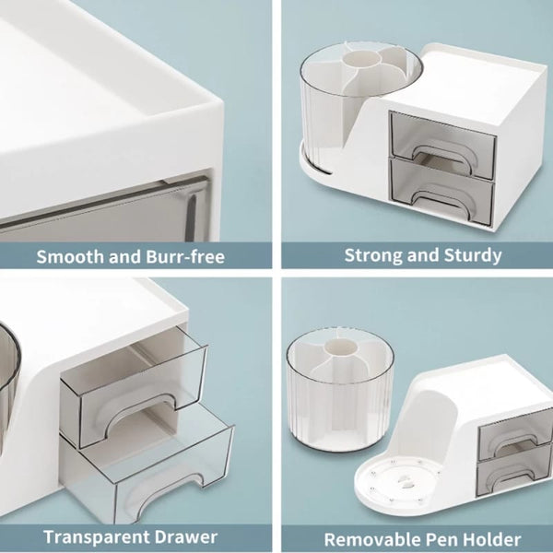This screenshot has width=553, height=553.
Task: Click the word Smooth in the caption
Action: coord(69,256)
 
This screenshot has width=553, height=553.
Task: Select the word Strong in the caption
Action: coord(372,255)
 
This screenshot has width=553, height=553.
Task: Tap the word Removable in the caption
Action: coord(368,539)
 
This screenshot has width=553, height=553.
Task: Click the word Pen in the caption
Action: coord(436,539)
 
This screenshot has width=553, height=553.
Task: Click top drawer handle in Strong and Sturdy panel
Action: coord(442,150)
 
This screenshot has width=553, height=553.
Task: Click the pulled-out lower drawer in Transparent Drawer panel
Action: coord(147,465)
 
